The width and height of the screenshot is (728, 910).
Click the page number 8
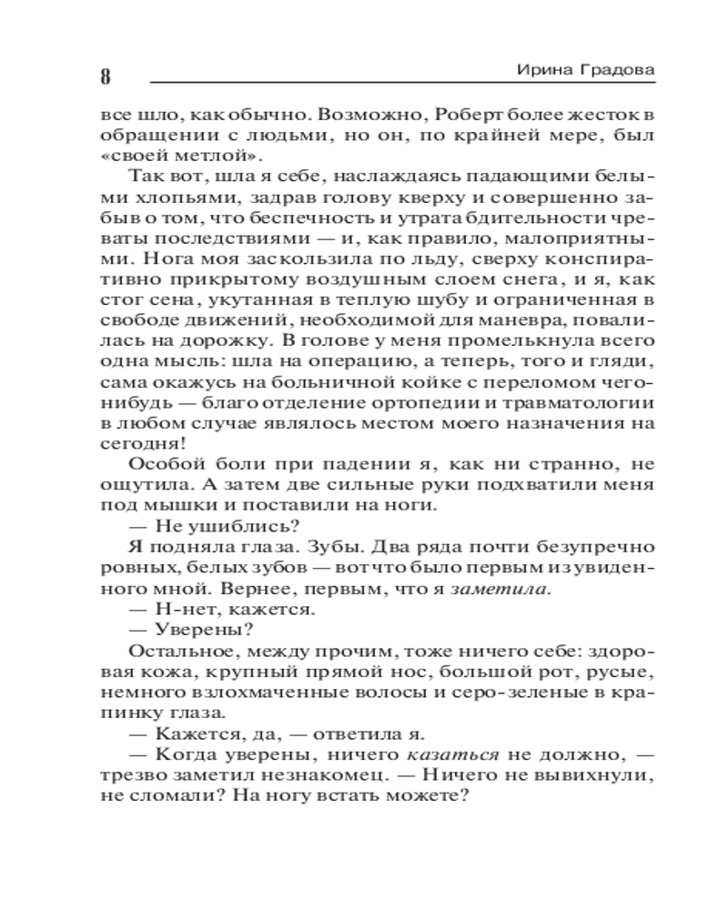tap(106, 77)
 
